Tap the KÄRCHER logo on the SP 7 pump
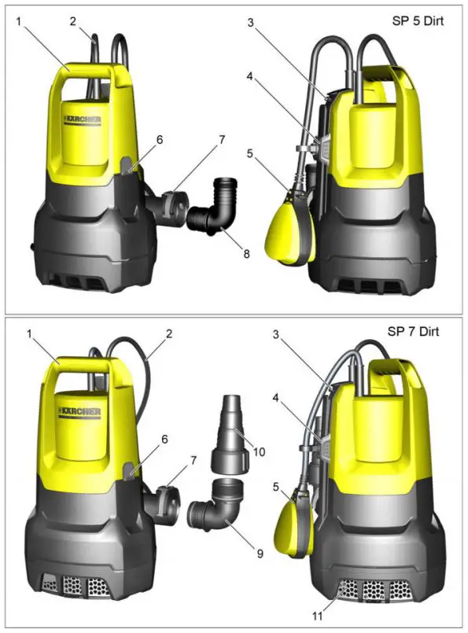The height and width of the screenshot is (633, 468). click(x=79, y=413)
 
